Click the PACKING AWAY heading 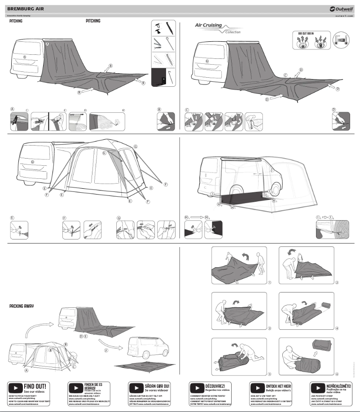click(x=22, y=306)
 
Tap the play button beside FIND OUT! click(x=16, y=387)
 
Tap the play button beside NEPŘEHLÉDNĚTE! click(x=317, y=387)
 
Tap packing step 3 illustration click(x=239, y=311)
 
